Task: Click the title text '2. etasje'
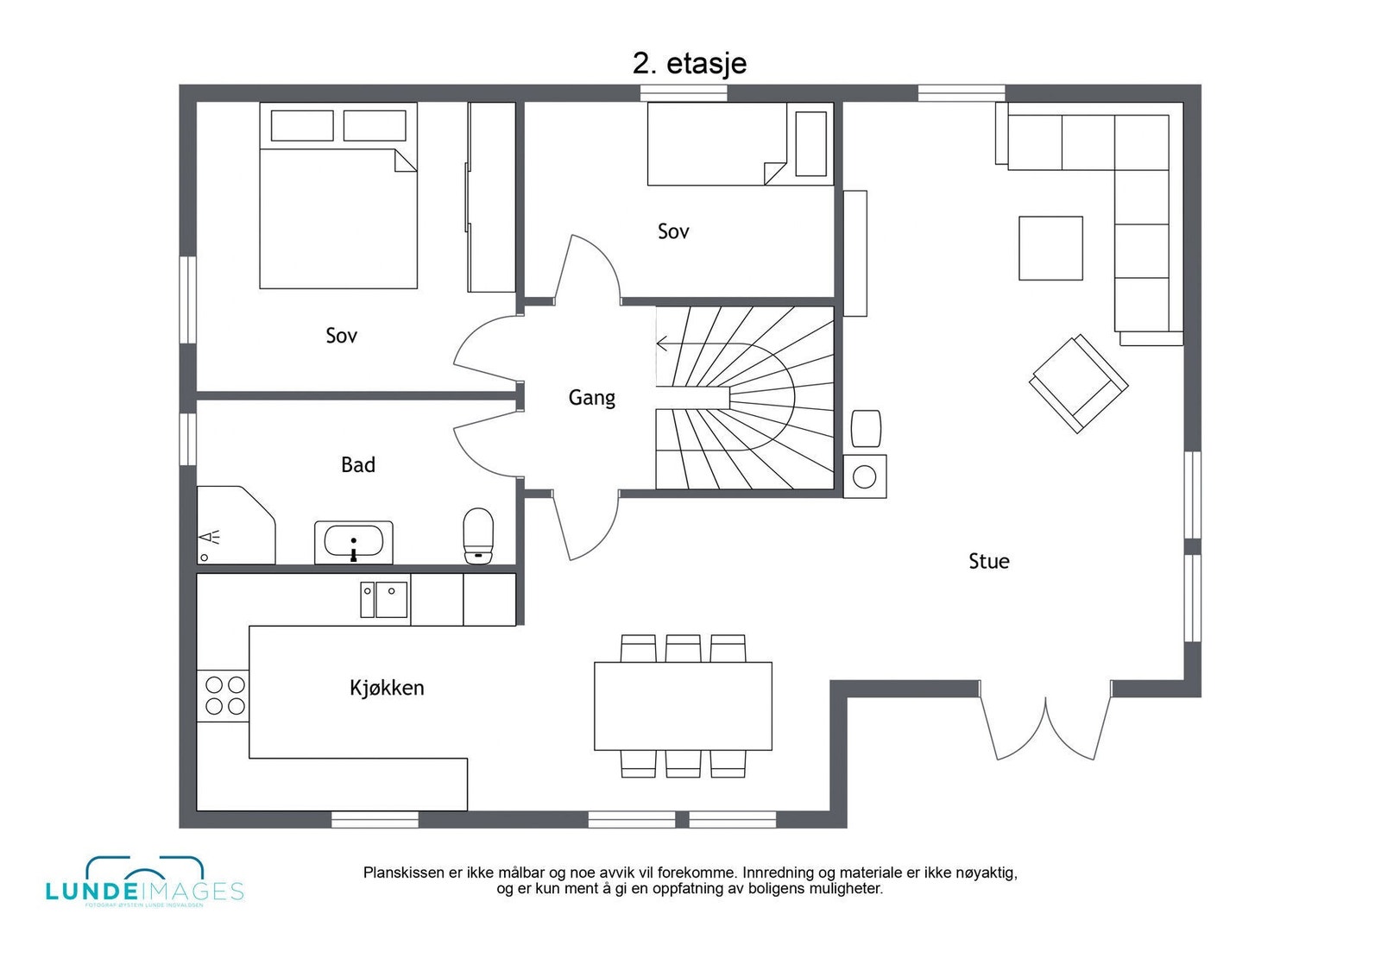[x=689, y=63]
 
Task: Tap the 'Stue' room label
[x=988, y=561]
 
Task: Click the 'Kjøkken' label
[x=387, y=688]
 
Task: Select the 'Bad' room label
[x=357, y=465]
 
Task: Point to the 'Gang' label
[x=591, y=398]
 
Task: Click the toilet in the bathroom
[x=478, y=535]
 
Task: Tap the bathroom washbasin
[x=353, y=542]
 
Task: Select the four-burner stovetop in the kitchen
[x=224, y=696]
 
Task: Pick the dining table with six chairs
[x=683, y=706]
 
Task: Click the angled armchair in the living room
[x=1078, y=383]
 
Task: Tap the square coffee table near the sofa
[x=1050, y=249]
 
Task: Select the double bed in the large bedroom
[x=338, y=197]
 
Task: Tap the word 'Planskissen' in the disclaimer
[x=403, y=873]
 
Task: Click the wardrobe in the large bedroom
[x=491, y=198]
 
